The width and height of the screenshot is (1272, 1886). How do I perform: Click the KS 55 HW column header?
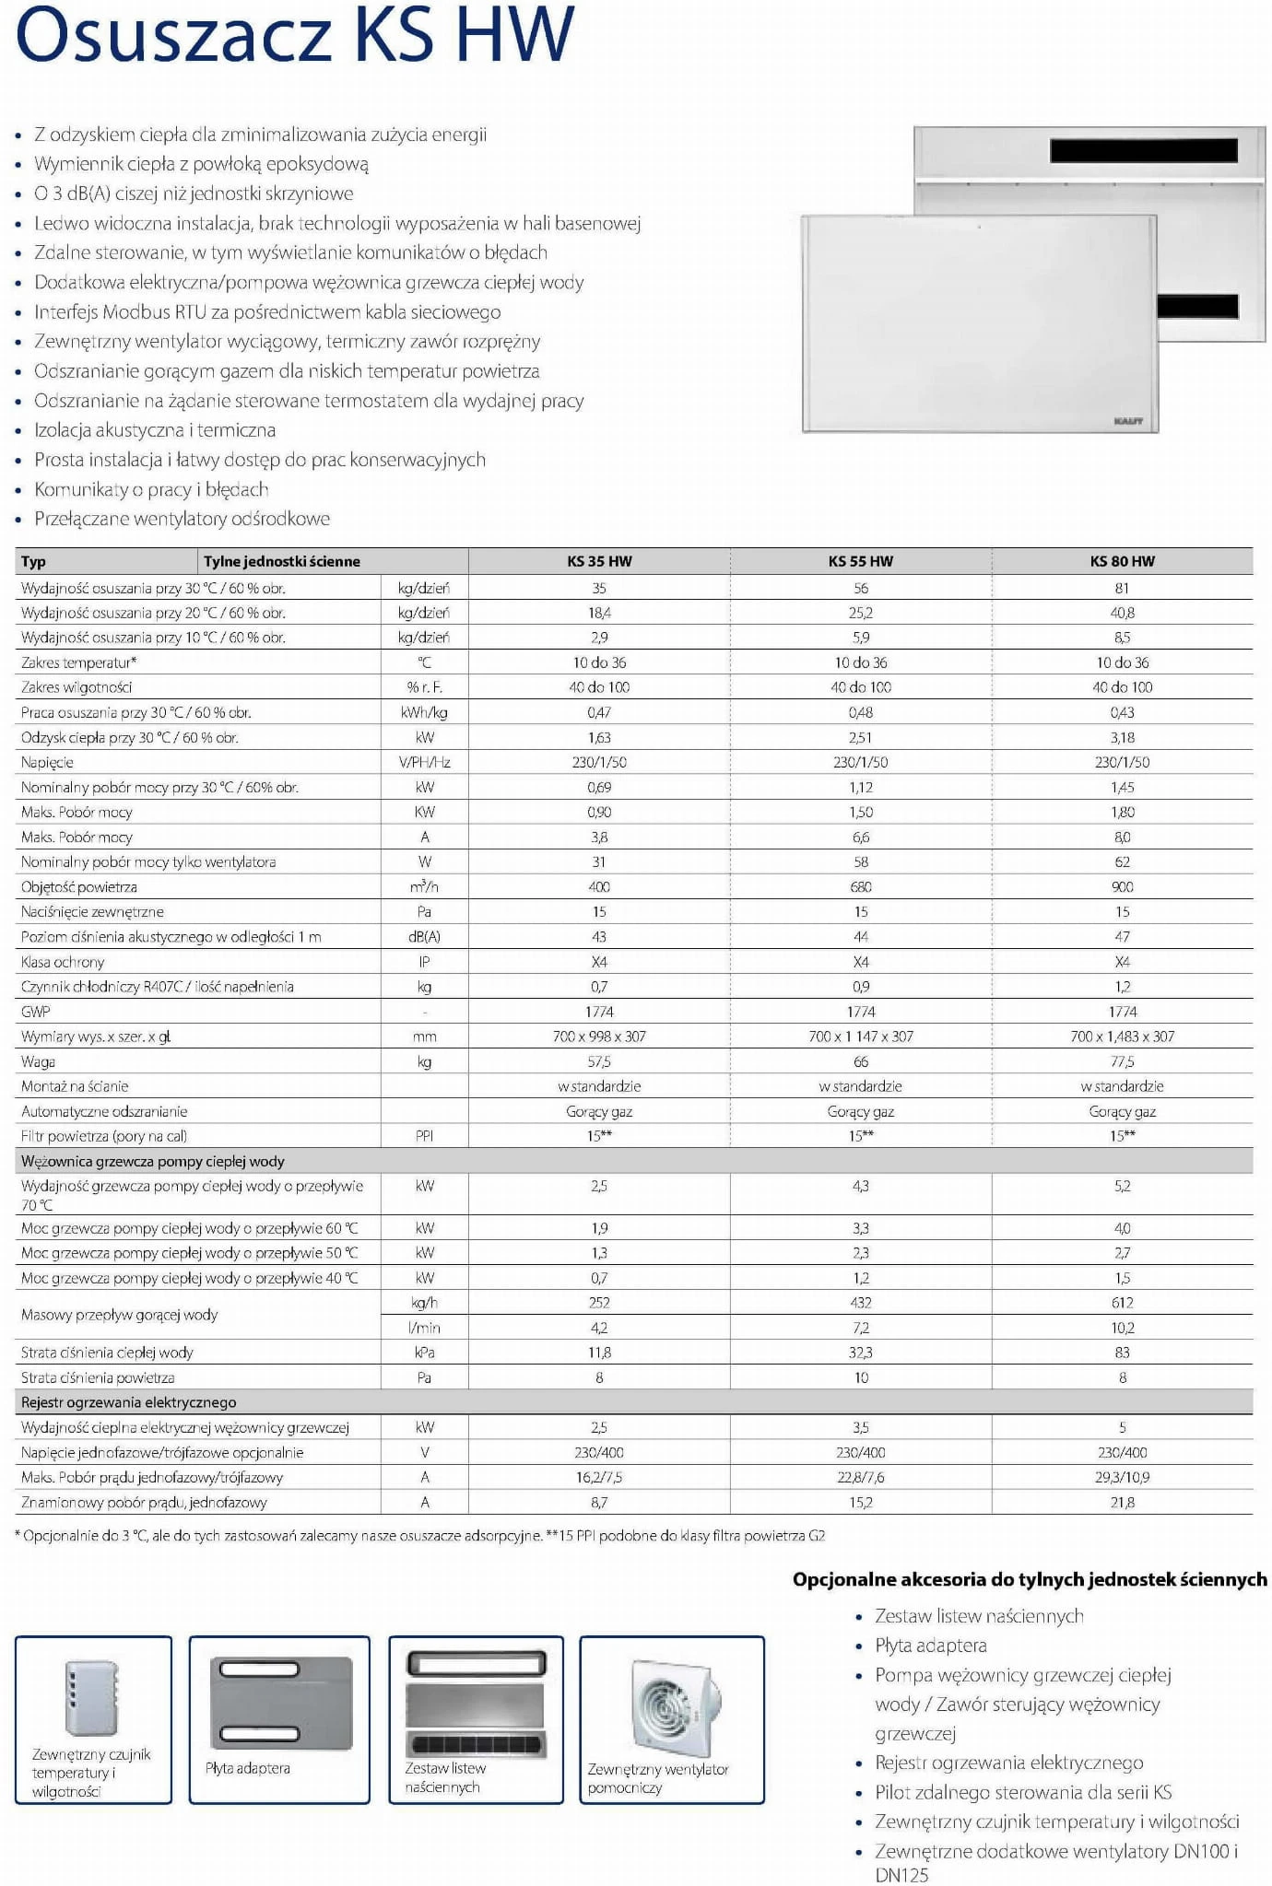click(860, 561)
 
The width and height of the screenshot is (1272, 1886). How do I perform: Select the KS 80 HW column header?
click(1122, 561)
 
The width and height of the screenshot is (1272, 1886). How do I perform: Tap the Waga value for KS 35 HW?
click(599, 1061)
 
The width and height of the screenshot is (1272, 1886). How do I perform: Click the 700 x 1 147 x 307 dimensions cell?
click(860, 1037)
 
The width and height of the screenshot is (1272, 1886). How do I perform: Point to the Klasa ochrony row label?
click(63, 962)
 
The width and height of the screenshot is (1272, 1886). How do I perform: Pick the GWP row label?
click(36, 1012)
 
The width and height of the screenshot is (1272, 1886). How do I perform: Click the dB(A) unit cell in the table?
click(424, 937)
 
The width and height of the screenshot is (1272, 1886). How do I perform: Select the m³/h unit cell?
click(424, 886)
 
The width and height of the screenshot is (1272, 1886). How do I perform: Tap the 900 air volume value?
click(1122, 886)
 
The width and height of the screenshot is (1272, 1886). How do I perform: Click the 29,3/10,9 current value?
click(1122, 1477)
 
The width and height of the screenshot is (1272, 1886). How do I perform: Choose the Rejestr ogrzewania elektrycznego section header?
click(129, 1402)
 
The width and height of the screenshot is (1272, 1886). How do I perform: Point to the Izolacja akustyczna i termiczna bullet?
click(155, 430)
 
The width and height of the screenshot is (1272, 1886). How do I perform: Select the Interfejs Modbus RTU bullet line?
click(267, 312)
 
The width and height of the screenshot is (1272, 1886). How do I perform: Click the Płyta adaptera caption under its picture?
click(248, 1768)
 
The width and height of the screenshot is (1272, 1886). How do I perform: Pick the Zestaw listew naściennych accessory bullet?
click(979, 1616)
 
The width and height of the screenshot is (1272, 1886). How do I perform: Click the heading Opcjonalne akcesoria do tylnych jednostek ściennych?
click(1030, 1579)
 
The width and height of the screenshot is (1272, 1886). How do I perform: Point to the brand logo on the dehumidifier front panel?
click(1128, 421)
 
